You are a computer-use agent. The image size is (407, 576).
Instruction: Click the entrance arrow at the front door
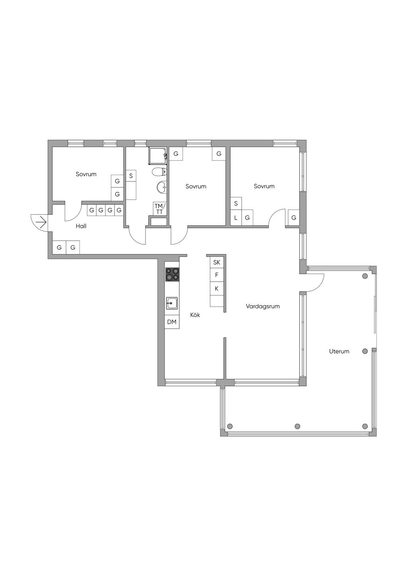(41, 221)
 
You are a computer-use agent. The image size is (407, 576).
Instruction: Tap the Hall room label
(81, 226)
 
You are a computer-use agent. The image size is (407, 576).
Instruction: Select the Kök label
(195, 315)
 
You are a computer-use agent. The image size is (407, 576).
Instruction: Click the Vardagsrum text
(263, 307)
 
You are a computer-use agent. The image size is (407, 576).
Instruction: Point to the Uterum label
(339, 352)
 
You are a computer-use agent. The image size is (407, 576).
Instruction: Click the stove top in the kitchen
(172, 274)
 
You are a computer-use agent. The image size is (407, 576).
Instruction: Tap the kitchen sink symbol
(172, 304)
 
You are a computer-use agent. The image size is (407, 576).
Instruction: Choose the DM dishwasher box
(172, 322)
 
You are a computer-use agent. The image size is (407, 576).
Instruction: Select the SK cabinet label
(217, 263)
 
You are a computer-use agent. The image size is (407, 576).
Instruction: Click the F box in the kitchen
(217, 275)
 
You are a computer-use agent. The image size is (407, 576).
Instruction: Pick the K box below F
(217, 288)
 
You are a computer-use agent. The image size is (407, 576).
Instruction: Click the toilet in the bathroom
(159, 171)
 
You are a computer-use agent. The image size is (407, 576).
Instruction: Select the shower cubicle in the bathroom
(157, 156)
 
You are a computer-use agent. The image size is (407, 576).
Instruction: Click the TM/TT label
(159, 209)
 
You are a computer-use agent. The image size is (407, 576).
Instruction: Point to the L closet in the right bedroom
(236, 218)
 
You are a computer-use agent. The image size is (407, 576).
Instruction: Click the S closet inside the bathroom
(131, 176)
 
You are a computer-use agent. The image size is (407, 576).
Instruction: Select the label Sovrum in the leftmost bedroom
(86, 174)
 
